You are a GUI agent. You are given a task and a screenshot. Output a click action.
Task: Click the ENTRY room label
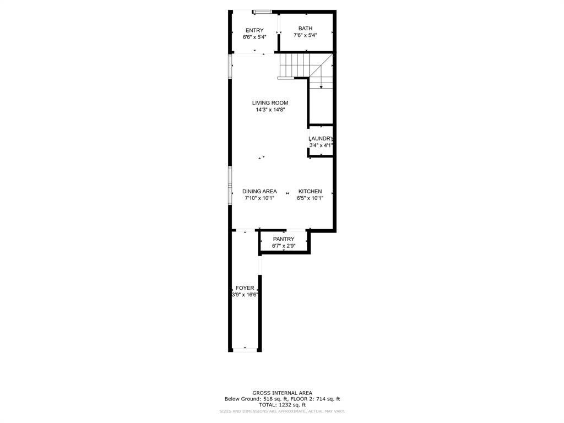pos(254,30)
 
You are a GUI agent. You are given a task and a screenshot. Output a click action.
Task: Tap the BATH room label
pos(305,28)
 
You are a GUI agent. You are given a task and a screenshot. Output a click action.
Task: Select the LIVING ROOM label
pos(270,102)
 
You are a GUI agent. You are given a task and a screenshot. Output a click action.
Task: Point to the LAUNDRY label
pos(321,139)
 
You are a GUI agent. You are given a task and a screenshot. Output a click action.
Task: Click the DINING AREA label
pos(259,191)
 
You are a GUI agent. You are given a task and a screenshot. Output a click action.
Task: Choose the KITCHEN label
pos(310,191)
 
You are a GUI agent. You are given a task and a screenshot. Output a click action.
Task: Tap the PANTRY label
pos(284,239)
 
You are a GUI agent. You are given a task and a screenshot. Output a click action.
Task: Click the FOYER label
pos(245,288)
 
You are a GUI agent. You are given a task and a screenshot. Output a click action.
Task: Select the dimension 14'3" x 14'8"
pos(270,110)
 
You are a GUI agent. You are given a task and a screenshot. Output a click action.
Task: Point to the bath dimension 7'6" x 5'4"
pos(305,35)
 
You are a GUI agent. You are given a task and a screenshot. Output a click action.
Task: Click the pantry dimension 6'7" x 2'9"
pos(284,246)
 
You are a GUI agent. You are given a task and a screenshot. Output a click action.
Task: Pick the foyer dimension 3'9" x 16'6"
pos(245,295)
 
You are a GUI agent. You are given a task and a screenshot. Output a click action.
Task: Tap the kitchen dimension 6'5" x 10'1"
pos(310,198)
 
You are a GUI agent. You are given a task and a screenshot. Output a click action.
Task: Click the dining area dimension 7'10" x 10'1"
pos(259,198)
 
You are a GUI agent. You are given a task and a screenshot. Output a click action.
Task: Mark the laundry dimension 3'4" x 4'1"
pos(321,145)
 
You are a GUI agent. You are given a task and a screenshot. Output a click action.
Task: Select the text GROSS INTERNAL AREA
pos(282,393)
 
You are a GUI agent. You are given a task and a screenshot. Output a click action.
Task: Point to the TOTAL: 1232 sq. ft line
pos(282,405)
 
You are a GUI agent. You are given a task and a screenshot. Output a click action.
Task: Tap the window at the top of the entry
pos(262,12)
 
